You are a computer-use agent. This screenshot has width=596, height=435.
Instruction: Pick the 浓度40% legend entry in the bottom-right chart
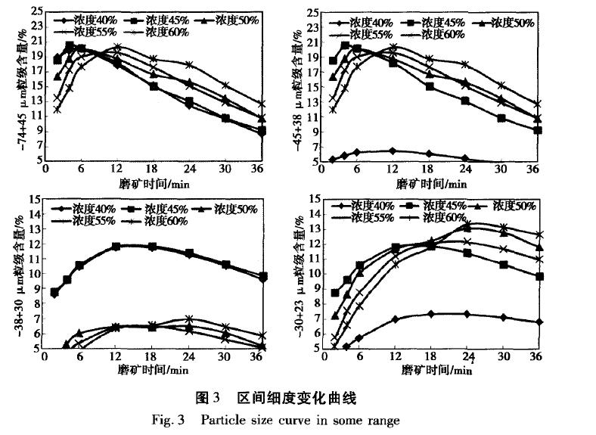tap(364, 206)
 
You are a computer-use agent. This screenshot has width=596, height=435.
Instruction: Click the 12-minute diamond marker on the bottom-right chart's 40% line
tap(396, 319)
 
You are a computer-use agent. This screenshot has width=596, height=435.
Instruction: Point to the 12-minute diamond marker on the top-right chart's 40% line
tap(392, 151)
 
